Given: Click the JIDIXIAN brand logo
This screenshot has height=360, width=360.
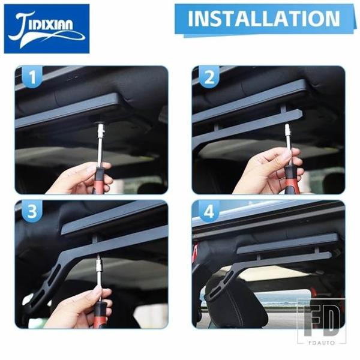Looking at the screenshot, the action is coord(47,29).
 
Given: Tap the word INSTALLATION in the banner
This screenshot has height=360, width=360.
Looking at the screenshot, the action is coord(264,19).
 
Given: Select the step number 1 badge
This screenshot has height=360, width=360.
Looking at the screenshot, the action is coord(32,77).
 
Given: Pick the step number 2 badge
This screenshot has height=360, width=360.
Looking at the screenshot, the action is coord(209,77).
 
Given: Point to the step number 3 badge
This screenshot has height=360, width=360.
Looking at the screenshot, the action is coord(32,211).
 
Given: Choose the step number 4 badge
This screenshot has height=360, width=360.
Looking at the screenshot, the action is coord(209,211).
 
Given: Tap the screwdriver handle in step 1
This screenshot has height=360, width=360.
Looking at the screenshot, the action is coord(99,181).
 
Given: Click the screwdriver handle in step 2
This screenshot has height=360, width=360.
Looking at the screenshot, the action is coord(290,179).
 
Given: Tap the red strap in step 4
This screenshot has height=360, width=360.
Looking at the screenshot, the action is coord(195,253).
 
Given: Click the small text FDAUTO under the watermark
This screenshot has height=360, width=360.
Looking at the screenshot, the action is coord(322,343).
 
